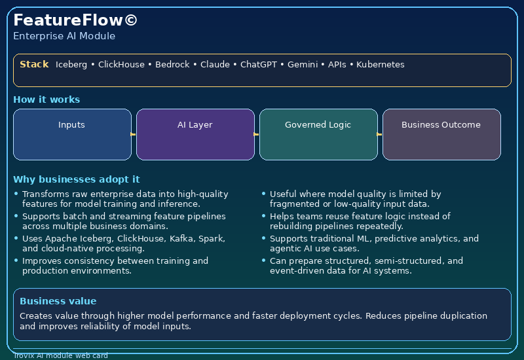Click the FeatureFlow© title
[75, 20]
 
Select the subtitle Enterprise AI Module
[64, 36]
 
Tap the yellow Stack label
[34, 64]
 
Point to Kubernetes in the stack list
[380, 65]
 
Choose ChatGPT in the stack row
[258, 65]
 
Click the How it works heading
[47, 99]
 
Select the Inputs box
[72, 134]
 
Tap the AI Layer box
[195, 134]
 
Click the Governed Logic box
[318, 134]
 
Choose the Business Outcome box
[441, 134]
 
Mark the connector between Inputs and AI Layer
[134, 134]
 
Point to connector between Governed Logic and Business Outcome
[380, 134]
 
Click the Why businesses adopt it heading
[76, 179]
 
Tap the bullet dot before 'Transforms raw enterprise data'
[16, 194]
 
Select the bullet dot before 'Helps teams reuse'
[263, 216]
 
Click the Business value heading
[58, 301]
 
